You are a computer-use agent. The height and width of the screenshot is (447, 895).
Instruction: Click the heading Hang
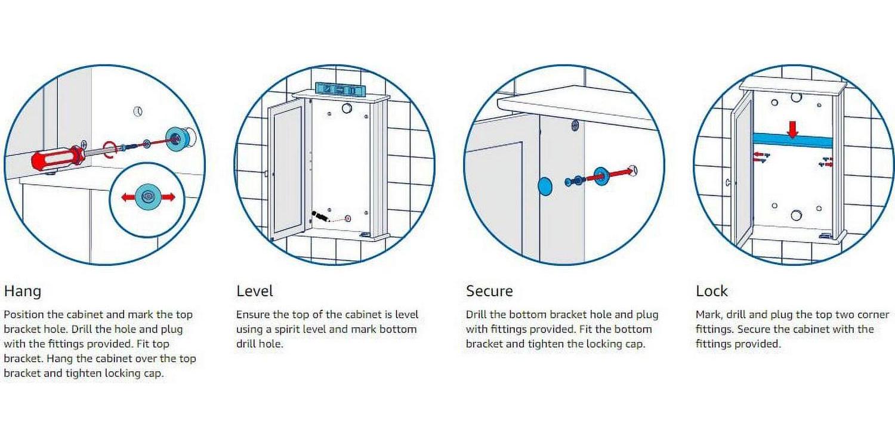pos(23,291)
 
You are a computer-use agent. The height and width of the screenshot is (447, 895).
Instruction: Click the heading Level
pos(255,291)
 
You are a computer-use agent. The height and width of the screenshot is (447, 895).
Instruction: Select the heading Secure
pos(489,291)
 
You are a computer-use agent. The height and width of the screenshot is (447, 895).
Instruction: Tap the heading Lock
pos(712,291)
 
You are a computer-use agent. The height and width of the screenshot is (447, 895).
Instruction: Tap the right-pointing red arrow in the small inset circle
pos(168,197)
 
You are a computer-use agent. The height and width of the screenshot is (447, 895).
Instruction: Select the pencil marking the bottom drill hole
pos(321,217)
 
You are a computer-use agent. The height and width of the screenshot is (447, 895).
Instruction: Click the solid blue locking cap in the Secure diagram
pos(545,187)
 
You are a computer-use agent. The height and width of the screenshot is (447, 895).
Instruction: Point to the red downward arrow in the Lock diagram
pos(793,129)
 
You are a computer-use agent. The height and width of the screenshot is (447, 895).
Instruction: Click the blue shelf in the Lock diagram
pos(792,140)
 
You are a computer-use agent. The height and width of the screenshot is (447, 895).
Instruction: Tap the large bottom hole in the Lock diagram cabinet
pos(797,215)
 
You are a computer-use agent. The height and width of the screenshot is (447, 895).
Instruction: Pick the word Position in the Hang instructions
pos(24,315)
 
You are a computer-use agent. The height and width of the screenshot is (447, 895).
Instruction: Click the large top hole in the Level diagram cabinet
pos(347,108)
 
